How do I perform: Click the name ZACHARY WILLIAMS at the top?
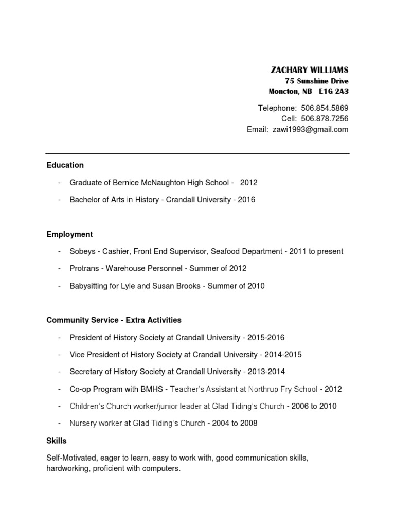pyautogui.click(x=309, y=70)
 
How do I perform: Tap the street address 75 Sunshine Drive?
pyautogui.click(x=316, y=81)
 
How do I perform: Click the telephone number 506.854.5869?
pyautogui.click(x=325, y=108)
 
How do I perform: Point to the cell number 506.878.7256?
pyautogui.click(x=325, y=119)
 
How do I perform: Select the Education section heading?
pyautogui.click(x=65, y=165)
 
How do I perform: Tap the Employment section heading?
pyautogui.click(x=69, y=234)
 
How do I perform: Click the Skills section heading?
pyautogui.click(x=57, y=441)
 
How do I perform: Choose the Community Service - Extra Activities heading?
pyautogui.click(x=114, y=320)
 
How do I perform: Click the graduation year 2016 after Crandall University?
pyautogui.click(x=246, y=200)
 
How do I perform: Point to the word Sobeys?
pyautogui.click(x=82, y=252)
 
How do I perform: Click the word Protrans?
pyautogui.click(x=84, y=269)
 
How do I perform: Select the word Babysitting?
pyautogui.click(x=88, y=286)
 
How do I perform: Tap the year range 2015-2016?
pyautogui.click(x=265, y=338)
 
